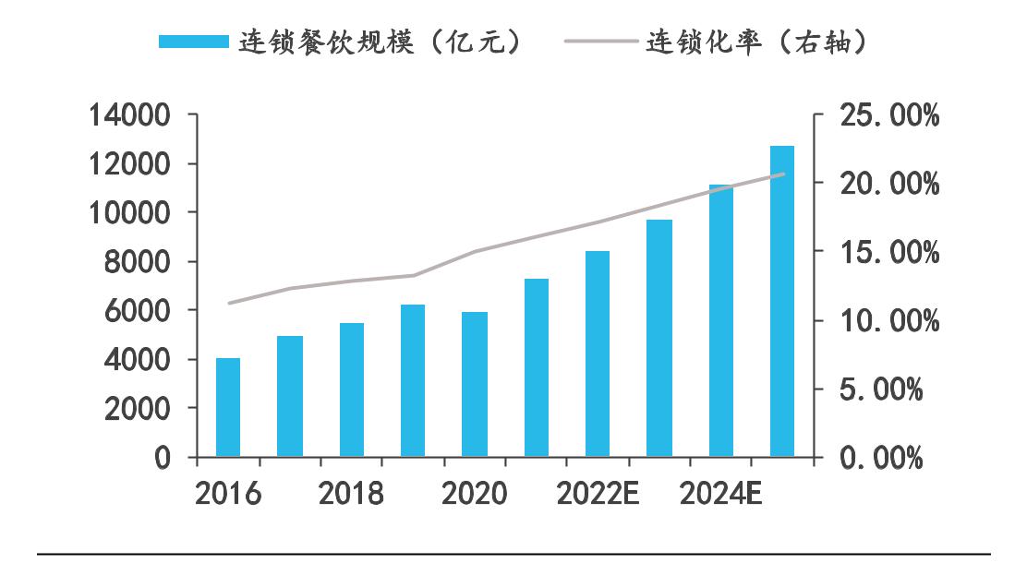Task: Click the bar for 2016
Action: click(x=228, y=407)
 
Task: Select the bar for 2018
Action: click(x=352, y=389)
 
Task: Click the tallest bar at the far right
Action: click(x=782, y=301)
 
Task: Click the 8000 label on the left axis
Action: click(x=138, y=262)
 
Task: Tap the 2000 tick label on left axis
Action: click(x=138, y=408)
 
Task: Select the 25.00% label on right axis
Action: click(x=889, y=116)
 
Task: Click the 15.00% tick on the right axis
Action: click(x=889, y=252)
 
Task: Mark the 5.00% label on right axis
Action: click(x=881, y=389)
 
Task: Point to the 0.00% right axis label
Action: click(x=881, y=458)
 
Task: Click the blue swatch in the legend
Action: click(x=193, y=42)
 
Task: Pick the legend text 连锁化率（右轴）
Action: click(x=759, y=42)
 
